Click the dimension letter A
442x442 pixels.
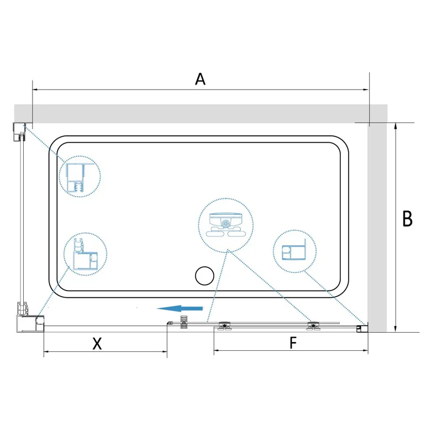pyautogui.click(x=200, y=79)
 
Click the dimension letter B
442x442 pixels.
pyautogui.click(x=407, y=219)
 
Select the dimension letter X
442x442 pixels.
pyautogui.click(x=97, y=344)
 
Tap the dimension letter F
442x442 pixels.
pyautogui.click(x=293, y=343)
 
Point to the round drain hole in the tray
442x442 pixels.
pyautogui.click(x=205, y=276)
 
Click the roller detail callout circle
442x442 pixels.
pyautogui.click(x=225, y=224)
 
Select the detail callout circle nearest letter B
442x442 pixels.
pyautogui.click(x=294, y=251)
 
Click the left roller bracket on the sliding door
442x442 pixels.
pyautogui.click(x=225, y=327)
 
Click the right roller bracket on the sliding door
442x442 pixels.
pyautogui.click(x=314, y=327)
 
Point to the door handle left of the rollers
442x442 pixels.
pyautogui.click(x=184, y=323)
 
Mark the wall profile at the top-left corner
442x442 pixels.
pyautogui.click(x=19, y=131)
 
